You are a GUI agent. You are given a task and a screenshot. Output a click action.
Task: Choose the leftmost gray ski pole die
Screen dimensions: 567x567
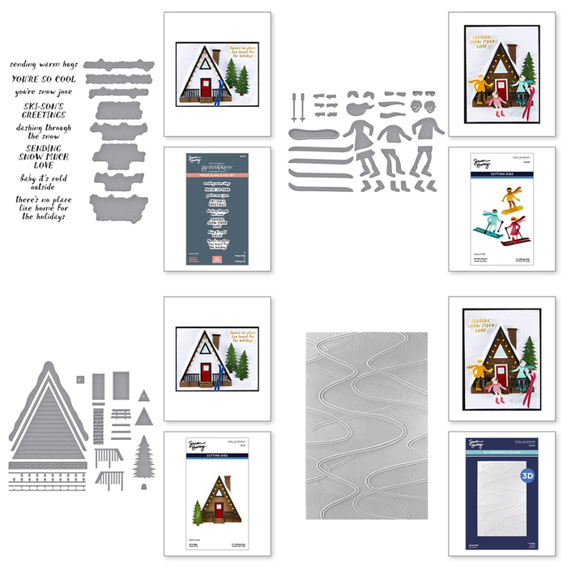click(293, 103)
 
